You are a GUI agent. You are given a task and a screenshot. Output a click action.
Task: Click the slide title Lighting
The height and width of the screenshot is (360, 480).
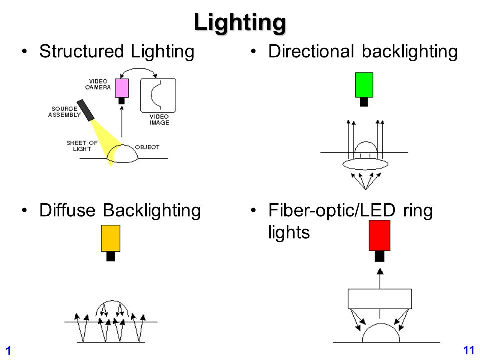(240, 23)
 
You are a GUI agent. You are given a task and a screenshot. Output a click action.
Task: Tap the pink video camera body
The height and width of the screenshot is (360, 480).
(122, 88)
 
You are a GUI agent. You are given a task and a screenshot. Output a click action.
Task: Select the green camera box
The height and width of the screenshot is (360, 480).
(364, 85)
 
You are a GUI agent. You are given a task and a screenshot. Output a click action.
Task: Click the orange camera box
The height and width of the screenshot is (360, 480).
(111, 238)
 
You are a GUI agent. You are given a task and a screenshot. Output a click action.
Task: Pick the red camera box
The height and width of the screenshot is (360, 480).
(379, 235)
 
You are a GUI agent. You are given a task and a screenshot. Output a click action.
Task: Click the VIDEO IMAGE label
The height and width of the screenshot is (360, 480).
(159, 119)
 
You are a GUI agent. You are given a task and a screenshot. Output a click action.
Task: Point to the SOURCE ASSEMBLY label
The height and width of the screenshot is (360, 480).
(64, 112)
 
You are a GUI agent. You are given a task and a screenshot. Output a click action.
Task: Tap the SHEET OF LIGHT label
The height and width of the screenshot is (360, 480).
(82, 146)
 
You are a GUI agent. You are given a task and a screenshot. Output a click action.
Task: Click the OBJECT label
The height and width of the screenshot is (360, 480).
(147, 147)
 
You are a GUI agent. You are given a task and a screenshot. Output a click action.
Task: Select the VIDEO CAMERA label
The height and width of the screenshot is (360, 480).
(98, 84)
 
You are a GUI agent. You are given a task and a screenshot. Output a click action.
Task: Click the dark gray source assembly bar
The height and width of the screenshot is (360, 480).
(85, 110)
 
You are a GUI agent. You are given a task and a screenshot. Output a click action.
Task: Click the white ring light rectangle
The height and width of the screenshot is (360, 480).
(380, 299)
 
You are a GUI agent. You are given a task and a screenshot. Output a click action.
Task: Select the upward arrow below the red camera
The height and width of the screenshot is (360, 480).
(380, 279)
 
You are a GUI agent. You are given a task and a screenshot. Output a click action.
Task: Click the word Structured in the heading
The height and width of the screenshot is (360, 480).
(81, 51)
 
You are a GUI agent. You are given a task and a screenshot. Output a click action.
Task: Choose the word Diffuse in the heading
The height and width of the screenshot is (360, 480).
(67, 210)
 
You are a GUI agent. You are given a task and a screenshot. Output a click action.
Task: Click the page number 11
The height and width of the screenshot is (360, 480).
(469, 350)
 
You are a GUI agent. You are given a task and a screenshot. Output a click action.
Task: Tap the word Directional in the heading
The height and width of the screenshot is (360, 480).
(311, 51)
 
